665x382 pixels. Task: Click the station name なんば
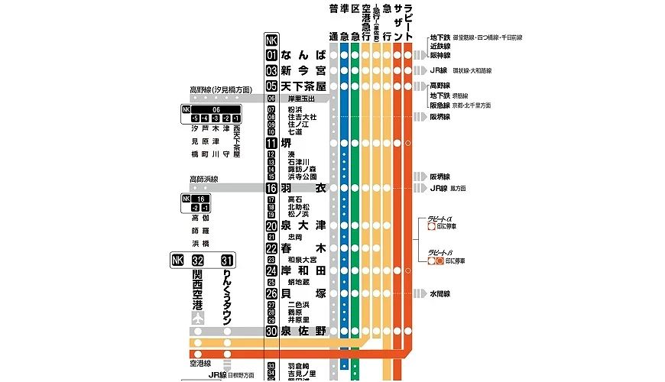303,55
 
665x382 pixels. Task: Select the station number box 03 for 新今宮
271,70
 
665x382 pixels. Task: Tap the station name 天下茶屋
303,86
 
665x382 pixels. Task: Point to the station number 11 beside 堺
271,143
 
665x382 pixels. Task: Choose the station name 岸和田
303,270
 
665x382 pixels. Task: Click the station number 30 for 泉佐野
271,331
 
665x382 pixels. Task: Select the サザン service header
397,22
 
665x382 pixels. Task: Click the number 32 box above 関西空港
198,261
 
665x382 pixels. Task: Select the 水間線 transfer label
440,293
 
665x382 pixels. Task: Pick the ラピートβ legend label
442,252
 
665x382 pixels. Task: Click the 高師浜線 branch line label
204,179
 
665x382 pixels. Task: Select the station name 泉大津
303,226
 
